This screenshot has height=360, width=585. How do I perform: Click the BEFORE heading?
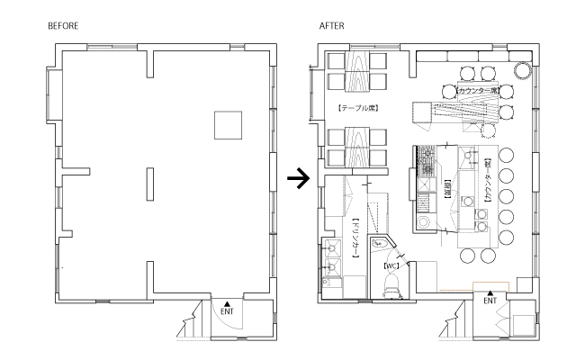pos(63,27)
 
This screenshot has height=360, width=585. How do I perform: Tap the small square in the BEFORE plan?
pos(228,125)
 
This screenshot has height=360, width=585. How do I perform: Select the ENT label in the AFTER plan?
pos(490,301)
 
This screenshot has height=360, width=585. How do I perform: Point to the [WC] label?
pos(391,266)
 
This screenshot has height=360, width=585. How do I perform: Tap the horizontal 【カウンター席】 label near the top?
pos(477,91)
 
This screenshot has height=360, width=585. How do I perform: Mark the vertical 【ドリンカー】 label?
pos(357,237)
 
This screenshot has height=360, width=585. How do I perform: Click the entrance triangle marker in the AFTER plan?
pos(490,292)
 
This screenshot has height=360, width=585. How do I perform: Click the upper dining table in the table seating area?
pos(355,71)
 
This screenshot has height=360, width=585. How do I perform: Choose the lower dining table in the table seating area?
pos(355,148)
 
